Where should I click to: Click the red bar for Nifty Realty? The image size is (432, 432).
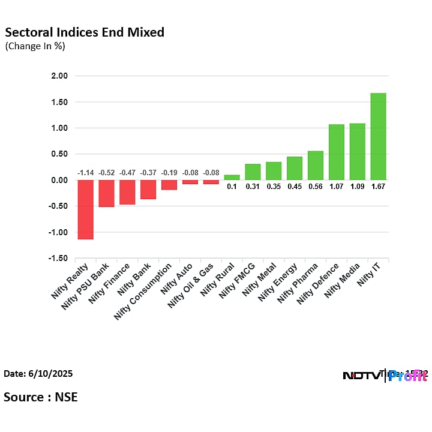86,209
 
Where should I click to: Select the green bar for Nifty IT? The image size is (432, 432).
378,136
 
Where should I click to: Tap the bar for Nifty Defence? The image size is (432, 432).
336,152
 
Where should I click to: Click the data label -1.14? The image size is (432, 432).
86,173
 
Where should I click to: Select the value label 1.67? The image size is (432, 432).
378,187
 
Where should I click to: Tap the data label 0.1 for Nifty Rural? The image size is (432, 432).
232,187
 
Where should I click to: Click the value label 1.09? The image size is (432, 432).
357,187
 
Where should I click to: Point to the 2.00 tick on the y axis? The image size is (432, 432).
60,76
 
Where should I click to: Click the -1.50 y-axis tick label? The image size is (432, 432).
59,259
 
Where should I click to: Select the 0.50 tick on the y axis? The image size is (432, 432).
60,154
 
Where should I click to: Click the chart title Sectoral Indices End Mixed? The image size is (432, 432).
84,32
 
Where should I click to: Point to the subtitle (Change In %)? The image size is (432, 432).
35,46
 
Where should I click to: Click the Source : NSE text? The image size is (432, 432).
40,397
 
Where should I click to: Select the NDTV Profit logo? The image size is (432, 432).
384,376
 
